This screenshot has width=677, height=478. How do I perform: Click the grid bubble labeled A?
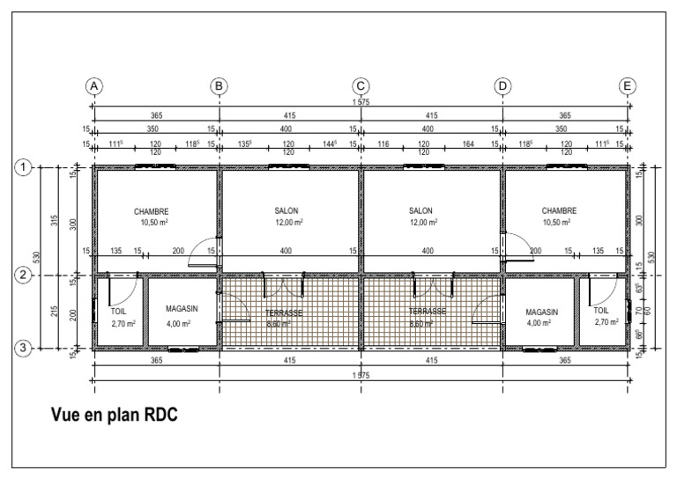click(x=94, y=85)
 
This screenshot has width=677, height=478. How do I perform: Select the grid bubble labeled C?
click(x=361, y=85)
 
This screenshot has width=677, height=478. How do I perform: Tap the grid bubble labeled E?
click(x=627, y=85)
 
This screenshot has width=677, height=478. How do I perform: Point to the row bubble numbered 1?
click(x=26, y=167)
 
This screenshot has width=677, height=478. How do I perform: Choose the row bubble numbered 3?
click(x=26, y=349)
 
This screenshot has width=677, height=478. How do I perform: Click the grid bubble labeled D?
click(x=502, y=85)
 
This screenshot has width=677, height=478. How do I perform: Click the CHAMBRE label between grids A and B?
click(x=151, y=211)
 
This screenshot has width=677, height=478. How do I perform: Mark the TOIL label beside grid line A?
click(x=118, y=313)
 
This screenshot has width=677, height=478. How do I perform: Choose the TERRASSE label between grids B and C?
click(x=284, y=313)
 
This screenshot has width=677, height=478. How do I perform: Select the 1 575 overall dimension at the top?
click(x=361, y=103)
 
